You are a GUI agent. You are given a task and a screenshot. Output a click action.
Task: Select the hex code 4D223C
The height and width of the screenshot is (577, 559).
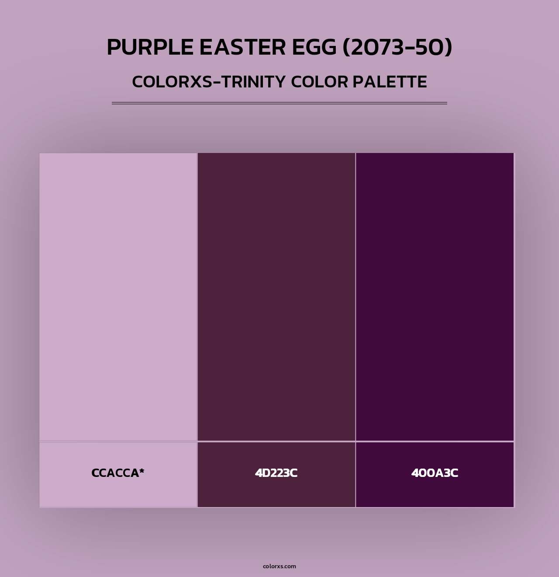[x=276, y=473]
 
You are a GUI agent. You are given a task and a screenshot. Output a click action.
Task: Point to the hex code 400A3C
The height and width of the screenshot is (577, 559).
[x=435, y=473]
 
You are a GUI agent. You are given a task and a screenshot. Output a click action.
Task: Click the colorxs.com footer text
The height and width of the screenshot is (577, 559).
[x=279, y=566]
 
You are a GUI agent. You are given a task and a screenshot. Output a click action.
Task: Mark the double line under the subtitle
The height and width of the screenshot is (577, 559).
[x=279, y=103]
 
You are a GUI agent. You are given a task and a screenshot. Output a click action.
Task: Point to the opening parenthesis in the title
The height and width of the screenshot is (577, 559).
[x=346, y=47]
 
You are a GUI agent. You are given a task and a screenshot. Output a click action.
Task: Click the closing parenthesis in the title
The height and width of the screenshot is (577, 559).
[x=449, y=47]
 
